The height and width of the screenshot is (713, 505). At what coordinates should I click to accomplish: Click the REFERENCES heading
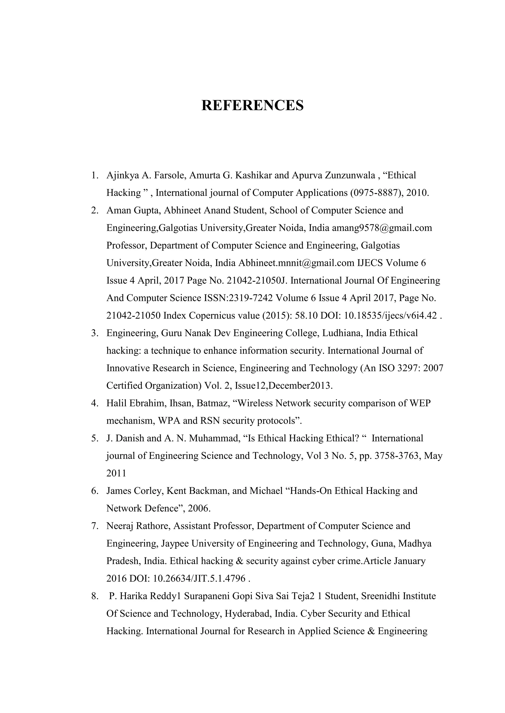[x=252, y=106]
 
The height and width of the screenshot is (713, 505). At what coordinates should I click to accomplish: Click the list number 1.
[x=94, y=176]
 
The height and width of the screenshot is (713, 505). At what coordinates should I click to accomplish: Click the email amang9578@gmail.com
[x=382, y=228]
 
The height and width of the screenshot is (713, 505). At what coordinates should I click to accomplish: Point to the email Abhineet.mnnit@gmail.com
[x=296, y=263]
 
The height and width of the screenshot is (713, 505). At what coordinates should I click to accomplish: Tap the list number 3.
[x=94, y=333]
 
